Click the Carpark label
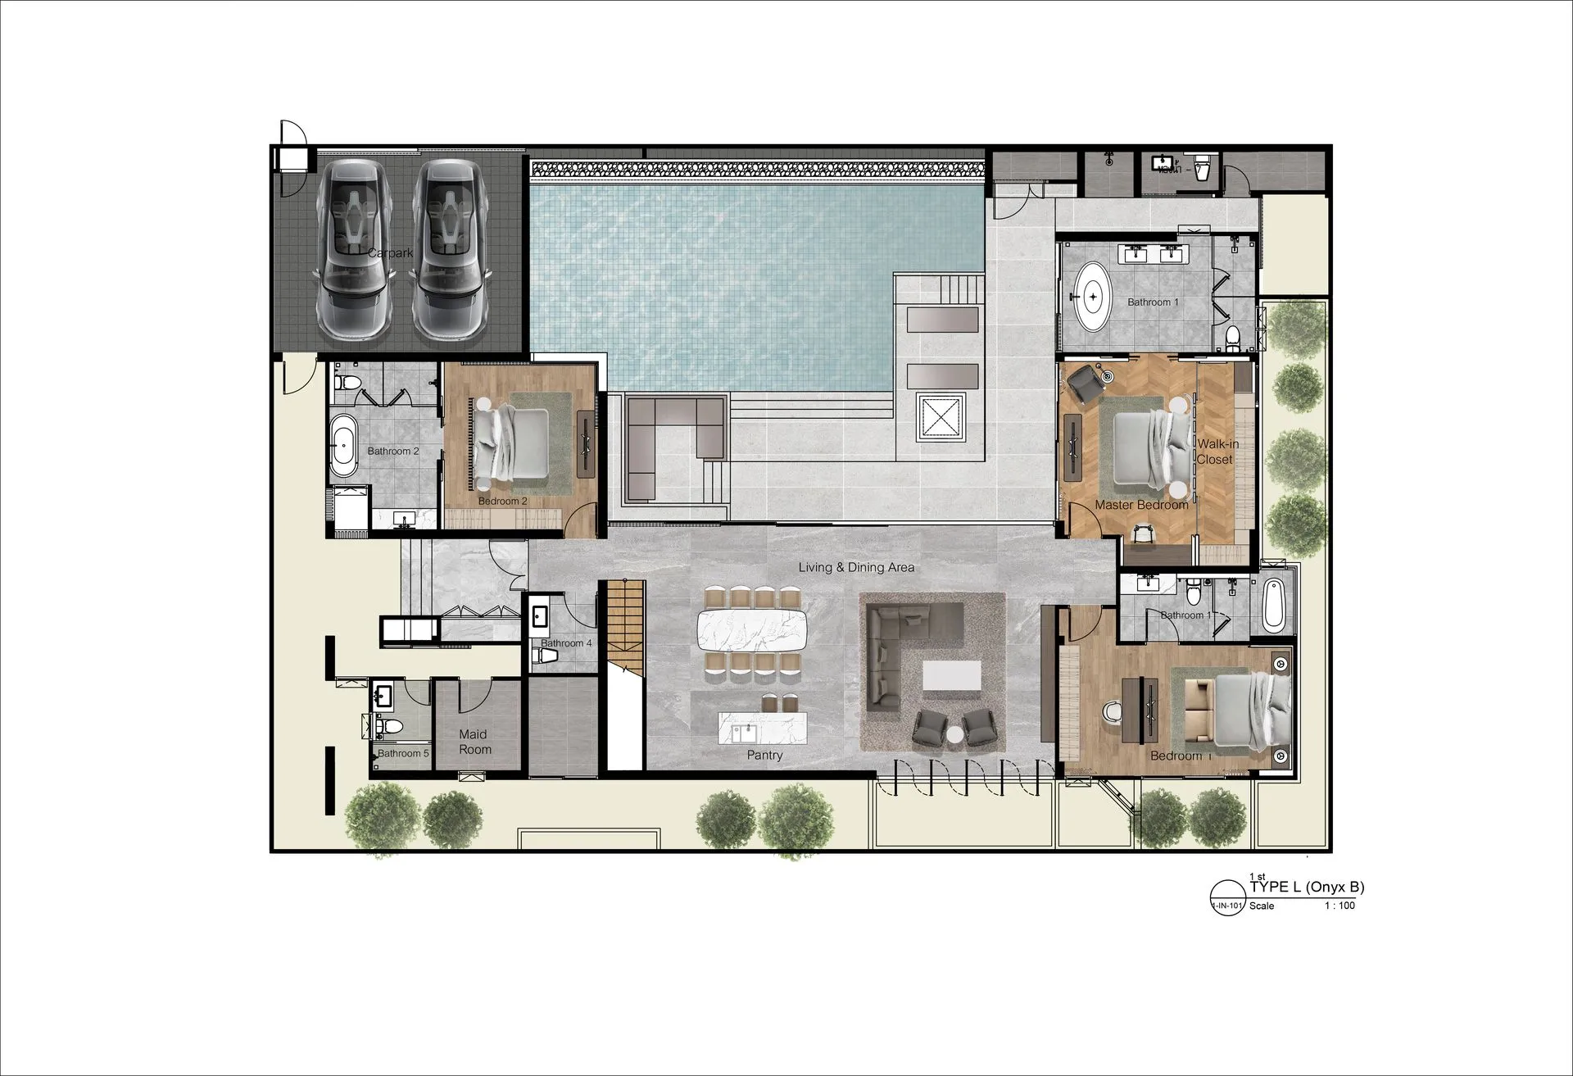coord(390,253)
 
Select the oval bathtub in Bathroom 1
coord(1092,296)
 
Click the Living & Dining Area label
coord(856,567)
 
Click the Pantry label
coord(764,755)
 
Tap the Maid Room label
coord(474,742)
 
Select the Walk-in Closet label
coord(1217,452)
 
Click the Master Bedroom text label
coord(1141,505)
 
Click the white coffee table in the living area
coord(951,677)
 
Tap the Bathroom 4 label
coord(565,643)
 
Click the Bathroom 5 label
coord(403,753)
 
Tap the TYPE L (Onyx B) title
coord(1307,888)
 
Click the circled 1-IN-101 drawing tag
coord(1226,897)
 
